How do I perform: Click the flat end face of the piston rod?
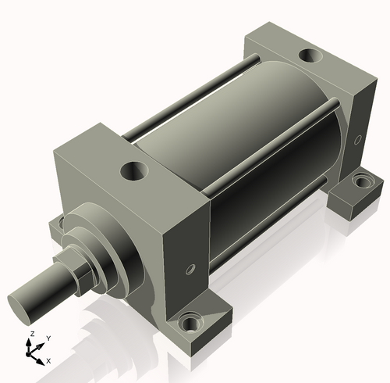(x=19, y=310)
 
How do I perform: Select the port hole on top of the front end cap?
(x=134, y=171)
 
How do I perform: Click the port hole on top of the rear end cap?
(x=310, y=55)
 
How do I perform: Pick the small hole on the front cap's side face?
(x=190, y=269)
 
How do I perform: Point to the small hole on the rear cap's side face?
(x=358, y=139)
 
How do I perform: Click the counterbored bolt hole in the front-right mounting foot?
(x=190, y=324)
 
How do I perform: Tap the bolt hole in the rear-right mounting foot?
(x=362, y=181)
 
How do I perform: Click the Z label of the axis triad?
(x=32, y=334)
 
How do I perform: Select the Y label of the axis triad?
(x=48, y=338)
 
